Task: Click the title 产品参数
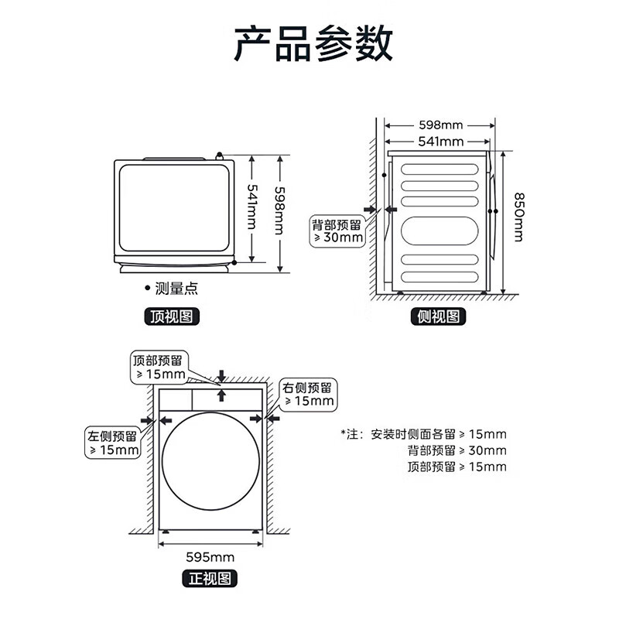(x=313, y=44)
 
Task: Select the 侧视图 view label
(x=438, y=316)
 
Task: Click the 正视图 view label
(x=209, y=577)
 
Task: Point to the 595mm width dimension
(x=211, y=557)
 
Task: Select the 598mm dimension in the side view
(x=440, y=125)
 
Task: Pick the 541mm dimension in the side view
(x=440, y=142)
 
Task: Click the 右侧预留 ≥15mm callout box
(x=309, y=394)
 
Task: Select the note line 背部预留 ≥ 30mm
(x=457, y=450)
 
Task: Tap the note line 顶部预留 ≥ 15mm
(x=457, y=467)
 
